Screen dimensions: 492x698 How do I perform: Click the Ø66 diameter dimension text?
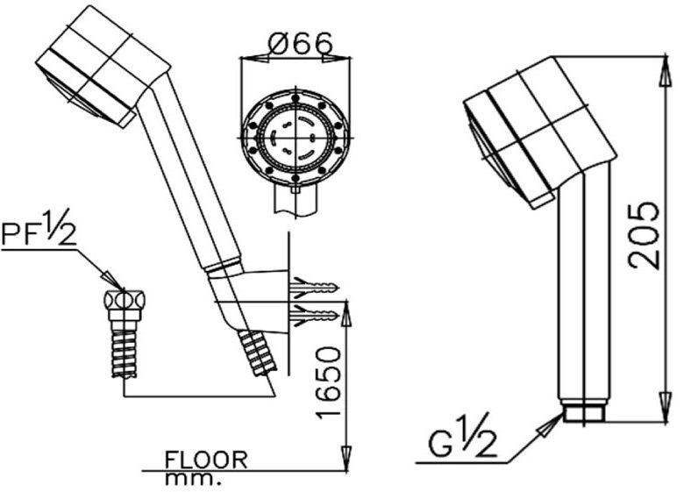point(295,42)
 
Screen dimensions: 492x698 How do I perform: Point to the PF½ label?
point(39,233)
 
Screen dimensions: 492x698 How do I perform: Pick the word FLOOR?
point(206,460)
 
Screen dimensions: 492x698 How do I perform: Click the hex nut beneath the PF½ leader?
point(123,300)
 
